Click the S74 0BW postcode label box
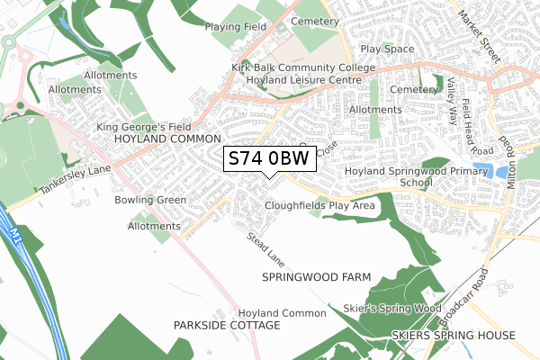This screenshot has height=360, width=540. point(269,158)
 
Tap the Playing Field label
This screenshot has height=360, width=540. point(236,27)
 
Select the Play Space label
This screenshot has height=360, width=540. point(386,49)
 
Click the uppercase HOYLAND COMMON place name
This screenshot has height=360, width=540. point(167,140)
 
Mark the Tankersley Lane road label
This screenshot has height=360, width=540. point(73,184)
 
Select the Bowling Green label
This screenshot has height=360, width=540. point(150,200)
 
